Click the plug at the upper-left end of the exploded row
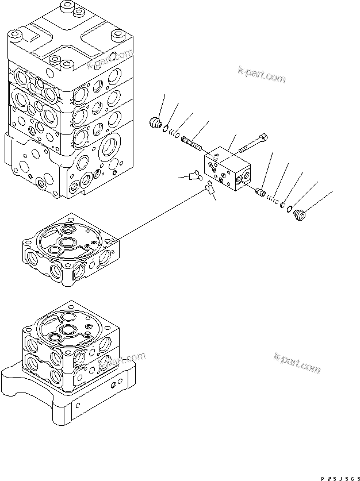pos(153,122)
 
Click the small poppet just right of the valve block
pos(259,191)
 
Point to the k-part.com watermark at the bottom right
pos(296,365)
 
